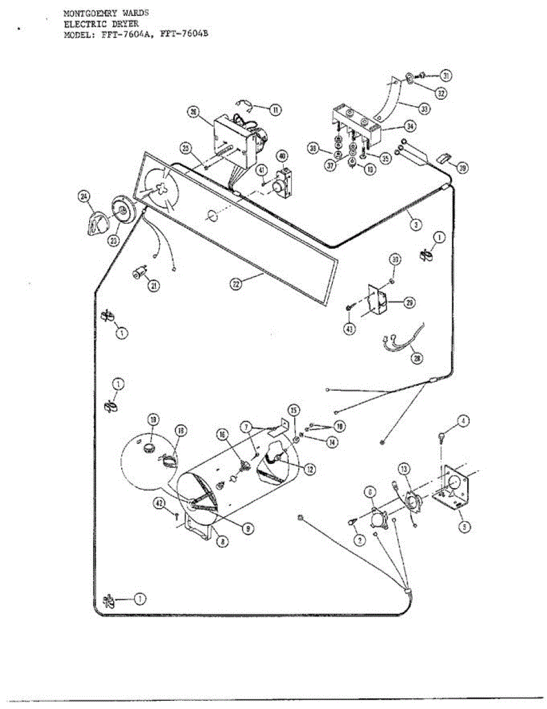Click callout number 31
(x=446, y=76)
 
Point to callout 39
(x=463, y=168)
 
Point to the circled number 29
(x=408, y=303)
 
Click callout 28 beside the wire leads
(x=417, y=358)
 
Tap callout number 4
(x=464, y=421)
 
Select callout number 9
(x=248, y=529)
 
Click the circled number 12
(x=309, y=469)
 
